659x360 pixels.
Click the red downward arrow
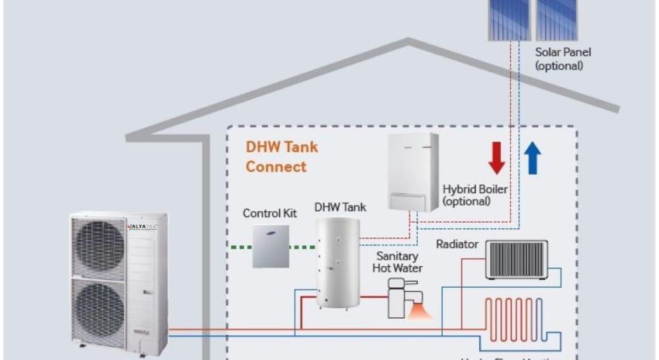click(497, 157)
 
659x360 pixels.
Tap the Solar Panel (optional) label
click(563, 59)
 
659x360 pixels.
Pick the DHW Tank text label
click(340, 207)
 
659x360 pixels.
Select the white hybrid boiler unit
click(413, 172)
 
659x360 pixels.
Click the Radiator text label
click(457, 244)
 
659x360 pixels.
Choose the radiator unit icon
click(516, 259)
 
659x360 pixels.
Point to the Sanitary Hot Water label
click(399, 261)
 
